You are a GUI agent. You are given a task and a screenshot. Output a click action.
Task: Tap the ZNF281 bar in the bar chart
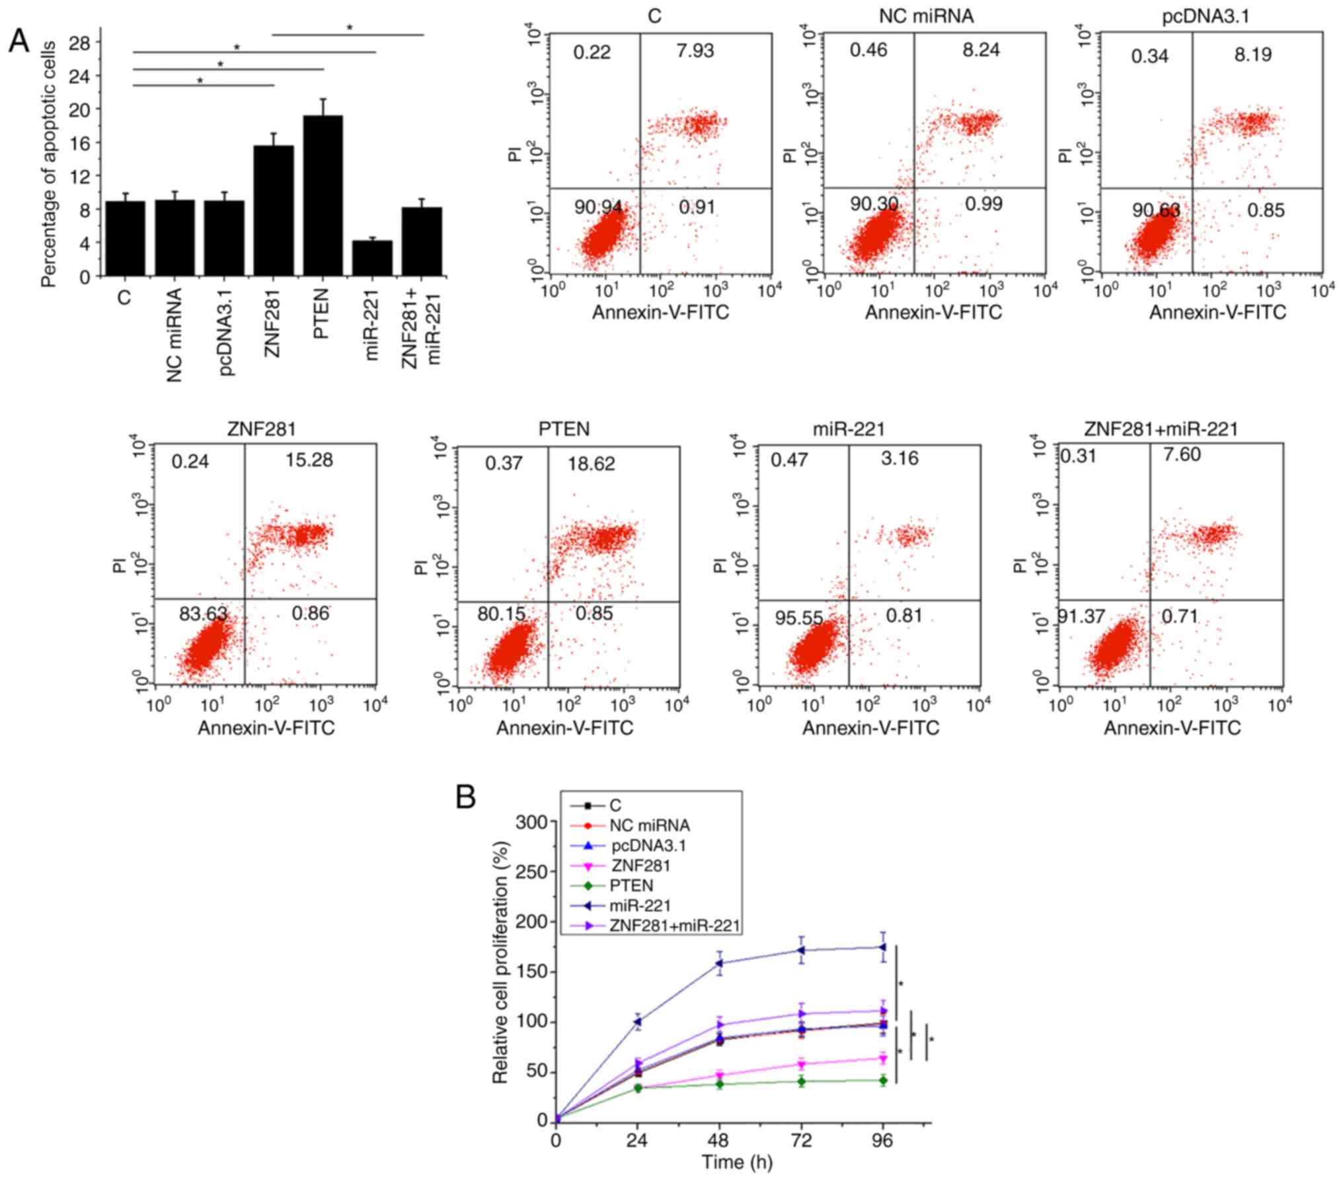tap(273, 210)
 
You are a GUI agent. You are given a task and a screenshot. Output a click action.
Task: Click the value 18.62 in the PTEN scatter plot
tap(591, 464)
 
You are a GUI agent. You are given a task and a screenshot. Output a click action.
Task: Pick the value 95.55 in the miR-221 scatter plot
tap(799, 618)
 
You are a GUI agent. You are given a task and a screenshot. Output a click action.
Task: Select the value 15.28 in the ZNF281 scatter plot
tap(309, 460)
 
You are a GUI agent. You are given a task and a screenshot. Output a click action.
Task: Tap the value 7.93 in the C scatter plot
tap(695, 50)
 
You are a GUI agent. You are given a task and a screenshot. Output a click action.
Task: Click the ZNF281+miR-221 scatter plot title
tap(1161, 429)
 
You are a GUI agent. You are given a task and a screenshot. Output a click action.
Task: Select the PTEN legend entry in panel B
tap(631, 885)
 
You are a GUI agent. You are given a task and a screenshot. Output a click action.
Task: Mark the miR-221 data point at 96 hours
tap(882, 947)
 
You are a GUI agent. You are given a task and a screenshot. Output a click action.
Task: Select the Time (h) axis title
tap(736, 1162)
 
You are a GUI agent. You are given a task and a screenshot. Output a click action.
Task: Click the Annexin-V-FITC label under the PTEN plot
tap(564, 728)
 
